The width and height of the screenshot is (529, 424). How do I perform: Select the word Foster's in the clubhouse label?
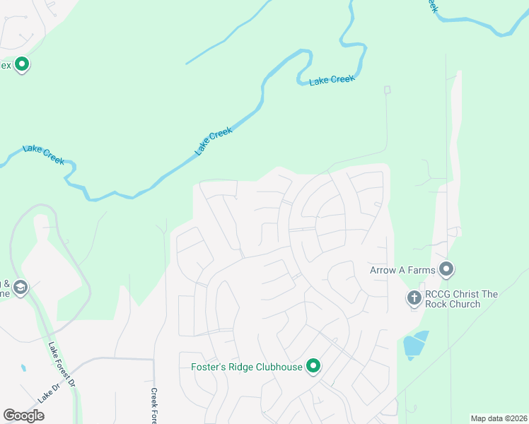(208, 367)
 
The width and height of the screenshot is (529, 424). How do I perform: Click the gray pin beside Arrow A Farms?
(446, 269)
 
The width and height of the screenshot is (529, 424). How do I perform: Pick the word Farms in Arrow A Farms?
(419, 270)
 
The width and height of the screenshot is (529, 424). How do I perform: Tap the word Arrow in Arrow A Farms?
(383, 270)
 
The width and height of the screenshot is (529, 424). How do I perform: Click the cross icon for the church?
(414, 298)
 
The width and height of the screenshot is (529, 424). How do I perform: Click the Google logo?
(23, 416)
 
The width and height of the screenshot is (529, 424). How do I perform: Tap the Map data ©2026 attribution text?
(499, 418)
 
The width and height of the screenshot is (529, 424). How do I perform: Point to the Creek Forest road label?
(153, 406)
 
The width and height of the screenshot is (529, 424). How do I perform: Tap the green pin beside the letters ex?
(22, 65)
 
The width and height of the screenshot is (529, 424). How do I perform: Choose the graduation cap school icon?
(21, 288)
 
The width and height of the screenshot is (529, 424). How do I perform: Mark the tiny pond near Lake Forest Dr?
(23, 368)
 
